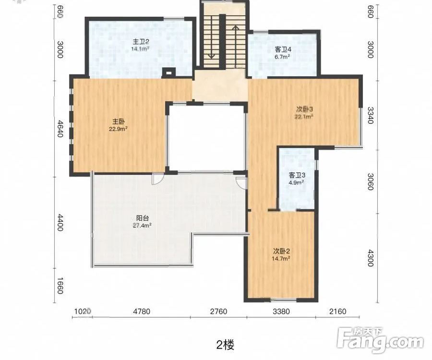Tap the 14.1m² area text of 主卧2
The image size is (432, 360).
tap(141, 49)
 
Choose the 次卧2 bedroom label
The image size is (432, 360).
tap(281, 251)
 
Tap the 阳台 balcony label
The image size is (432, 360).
tap(143, 218)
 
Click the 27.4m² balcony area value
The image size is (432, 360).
tap(142, 226)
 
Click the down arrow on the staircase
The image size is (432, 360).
tap(211, 36)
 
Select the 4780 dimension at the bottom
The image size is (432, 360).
tap(142, 312)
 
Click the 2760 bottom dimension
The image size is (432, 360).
tap(218, 312)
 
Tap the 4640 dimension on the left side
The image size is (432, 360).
tap(60, 129)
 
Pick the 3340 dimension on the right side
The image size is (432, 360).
tap(371, 115)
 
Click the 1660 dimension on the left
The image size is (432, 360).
tap(60, 286)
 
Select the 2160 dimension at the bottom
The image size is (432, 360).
tap(337, 312)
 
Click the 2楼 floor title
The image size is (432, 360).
tap(225, 345)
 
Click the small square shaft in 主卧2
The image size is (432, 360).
tap(168, 72)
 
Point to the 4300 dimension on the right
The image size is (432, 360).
tap(371, 258)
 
